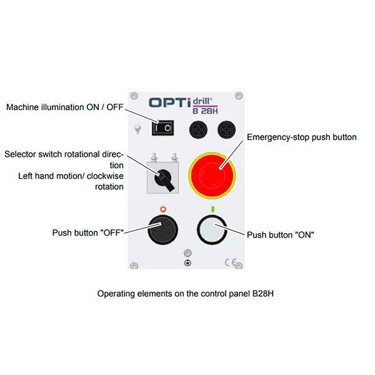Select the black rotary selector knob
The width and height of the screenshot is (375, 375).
pos(165,177)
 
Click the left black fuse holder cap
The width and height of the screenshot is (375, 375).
pos(199,129)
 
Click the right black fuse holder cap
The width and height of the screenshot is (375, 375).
pos(226,129)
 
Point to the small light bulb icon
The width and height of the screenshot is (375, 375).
pos(134,130)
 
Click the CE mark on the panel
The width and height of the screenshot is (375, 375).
pos(230,263)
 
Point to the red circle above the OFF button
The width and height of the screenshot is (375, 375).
pos(164,208)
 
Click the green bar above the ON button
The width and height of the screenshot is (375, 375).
pos(212,208)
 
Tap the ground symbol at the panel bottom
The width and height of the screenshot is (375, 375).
pos(187,263)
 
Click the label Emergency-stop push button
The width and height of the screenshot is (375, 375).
pos(302,137)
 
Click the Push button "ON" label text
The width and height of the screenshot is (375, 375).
pos(280,235)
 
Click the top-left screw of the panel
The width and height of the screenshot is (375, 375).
pos(134,97)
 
